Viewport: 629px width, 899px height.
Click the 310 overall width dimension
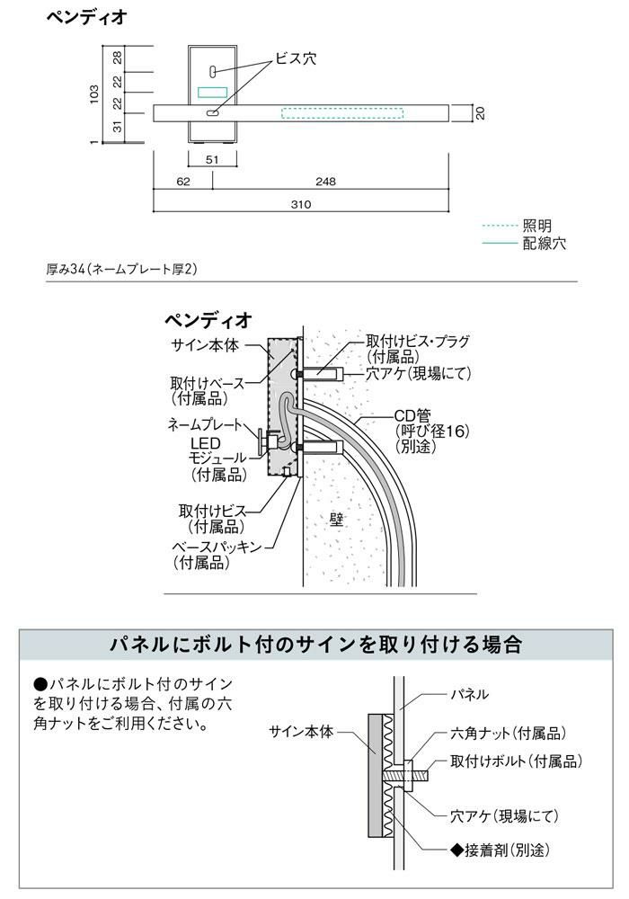point(300,204)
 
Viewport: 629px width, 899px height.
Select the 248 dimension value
point(326,182)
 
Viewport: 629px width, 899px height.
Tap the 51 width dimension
point(213,159)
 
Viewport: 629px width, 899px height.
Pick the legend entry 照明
point(536,226)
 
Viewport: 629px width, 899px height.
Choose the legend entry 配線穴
point(544,243)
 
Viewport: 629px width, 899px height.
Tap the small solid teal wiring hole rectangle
point(213,92)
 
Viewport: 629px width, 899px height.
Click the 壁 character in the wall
point(338,520)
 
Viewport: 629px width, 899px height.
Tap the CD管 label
point(414,415)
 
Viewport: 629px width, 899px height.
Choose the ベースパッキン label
point(217,546)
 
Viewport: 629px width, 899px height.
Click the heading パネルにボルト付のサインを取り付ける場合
point(314,645)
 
